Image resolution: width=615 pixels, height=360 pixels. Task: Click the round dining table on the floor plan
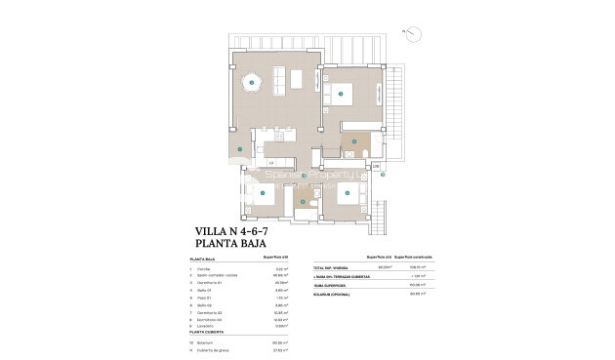point(252,83)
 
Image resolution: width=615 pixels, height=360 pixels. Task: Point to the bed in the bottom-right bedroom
point(346,193)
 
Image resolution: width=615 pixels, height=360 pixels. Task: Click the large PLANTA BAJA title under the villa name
point(230,245)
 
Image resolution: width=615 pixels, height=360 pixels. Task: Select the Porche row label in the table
point(203,268)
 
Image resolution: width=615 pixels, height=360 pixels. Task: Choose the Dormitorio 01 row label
point(209,282)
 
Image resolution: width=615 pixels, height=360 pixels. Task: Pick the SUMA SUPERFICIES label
point(329,285)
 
